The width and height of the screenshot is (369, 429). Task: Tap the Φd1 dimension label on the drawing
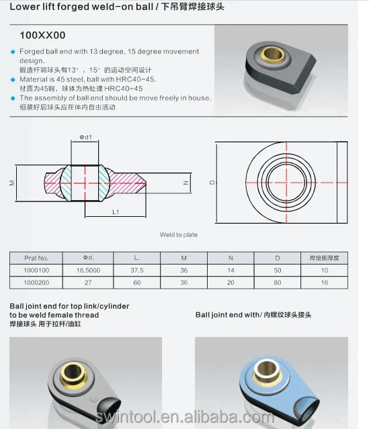pos(85,138)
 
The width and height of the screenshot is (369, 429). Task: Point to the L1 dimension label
pos(115,211)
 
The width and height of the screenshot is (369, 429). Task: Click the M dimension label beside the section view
pos(12,182)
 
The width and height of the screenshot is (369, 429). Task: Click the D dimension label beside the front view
pos(211,182)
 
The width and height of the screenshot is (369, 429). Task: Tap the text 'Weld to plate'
pos(178,235)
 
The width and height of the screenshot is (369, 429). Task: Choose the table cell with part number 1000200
pos(36,283)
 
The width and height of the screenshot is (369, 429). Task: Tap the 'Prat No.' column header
pos(36,257)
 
